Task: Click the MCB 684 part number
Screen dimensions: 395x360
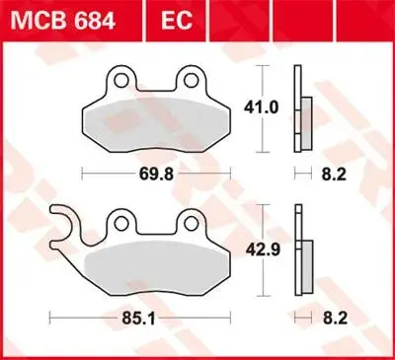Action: [x=62, y=21]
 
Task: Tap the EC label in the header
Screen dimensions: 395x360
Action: [x=177, y=21]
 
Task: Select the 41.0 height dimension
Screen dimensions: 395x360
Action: [x=261, y=108]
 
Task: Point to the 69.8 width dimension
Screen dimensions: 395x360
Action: [x=156, y=174]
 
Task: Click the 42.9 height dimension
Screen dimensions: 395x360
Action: [x=263, y=250]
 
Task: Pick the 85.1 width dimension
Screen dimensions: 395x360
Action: [x=138, y=318]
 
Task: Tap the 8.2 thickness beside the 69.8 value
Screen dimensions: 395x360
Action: [x=334, y=175]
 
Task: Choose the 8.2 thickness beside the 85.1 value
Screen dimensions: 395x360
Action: [x=335, y=319]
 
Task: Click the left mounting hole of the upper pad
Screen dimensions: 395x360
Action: [x=121, y=80]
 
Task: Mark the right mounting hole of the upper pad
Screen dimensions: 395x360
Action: [x=191, y=80]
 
